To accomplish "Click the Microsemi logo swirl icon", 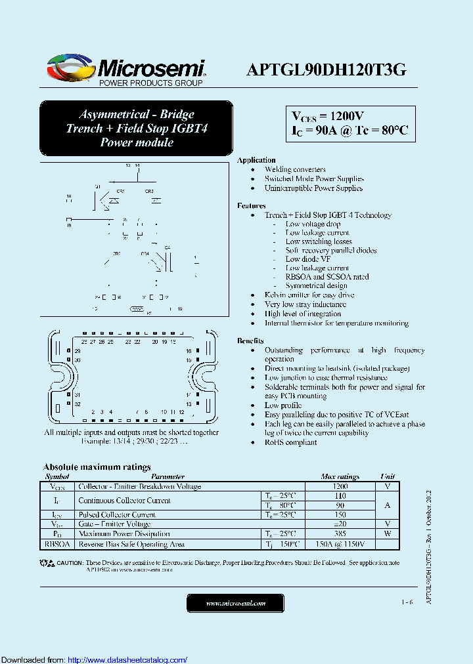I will pyautogui.click(x=69, y=68).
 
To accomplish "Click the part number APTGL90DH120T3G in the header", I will pyautogui.click(x=327, y=70).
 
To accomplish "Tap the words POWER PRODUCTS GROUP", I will pyautogui.click(x=150, y=83).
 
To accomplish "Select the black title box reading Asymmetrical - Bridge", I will pyautogui.click(x=137, y=128).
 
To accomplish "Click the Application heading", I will pyautogui.click(x=256, y=160).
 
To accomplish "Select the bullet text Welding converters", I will pyautogui.click(x=295, y=169).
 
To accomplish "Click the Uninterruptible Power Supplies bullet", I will pyautogui.click(x=313, y=188).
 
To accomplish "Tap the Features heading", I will pyautogui.click(x=252, y=206).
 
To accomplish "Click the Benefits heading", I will pyautogui.click(x=250, y=341).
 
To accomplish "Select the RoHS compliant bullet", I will pyautogui.click(x=290, y=442).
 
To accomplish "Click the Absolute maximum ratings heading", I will pyautogui.click(x=97, y=467).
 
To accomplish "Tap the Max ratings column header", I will pyautogui.click(x=340, y=477).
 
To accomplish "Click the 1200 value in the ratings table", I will pyautogui.click(x=340, y=487).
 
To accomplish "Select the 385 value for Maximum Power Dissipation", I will pyautogui.click(x=340, y=534).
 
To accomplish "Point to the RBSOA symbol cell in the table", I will pyautogui.click(x=57, y=544).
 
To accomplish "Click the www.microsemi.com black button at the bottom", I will pyautogui.click(x=235, y=603).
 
